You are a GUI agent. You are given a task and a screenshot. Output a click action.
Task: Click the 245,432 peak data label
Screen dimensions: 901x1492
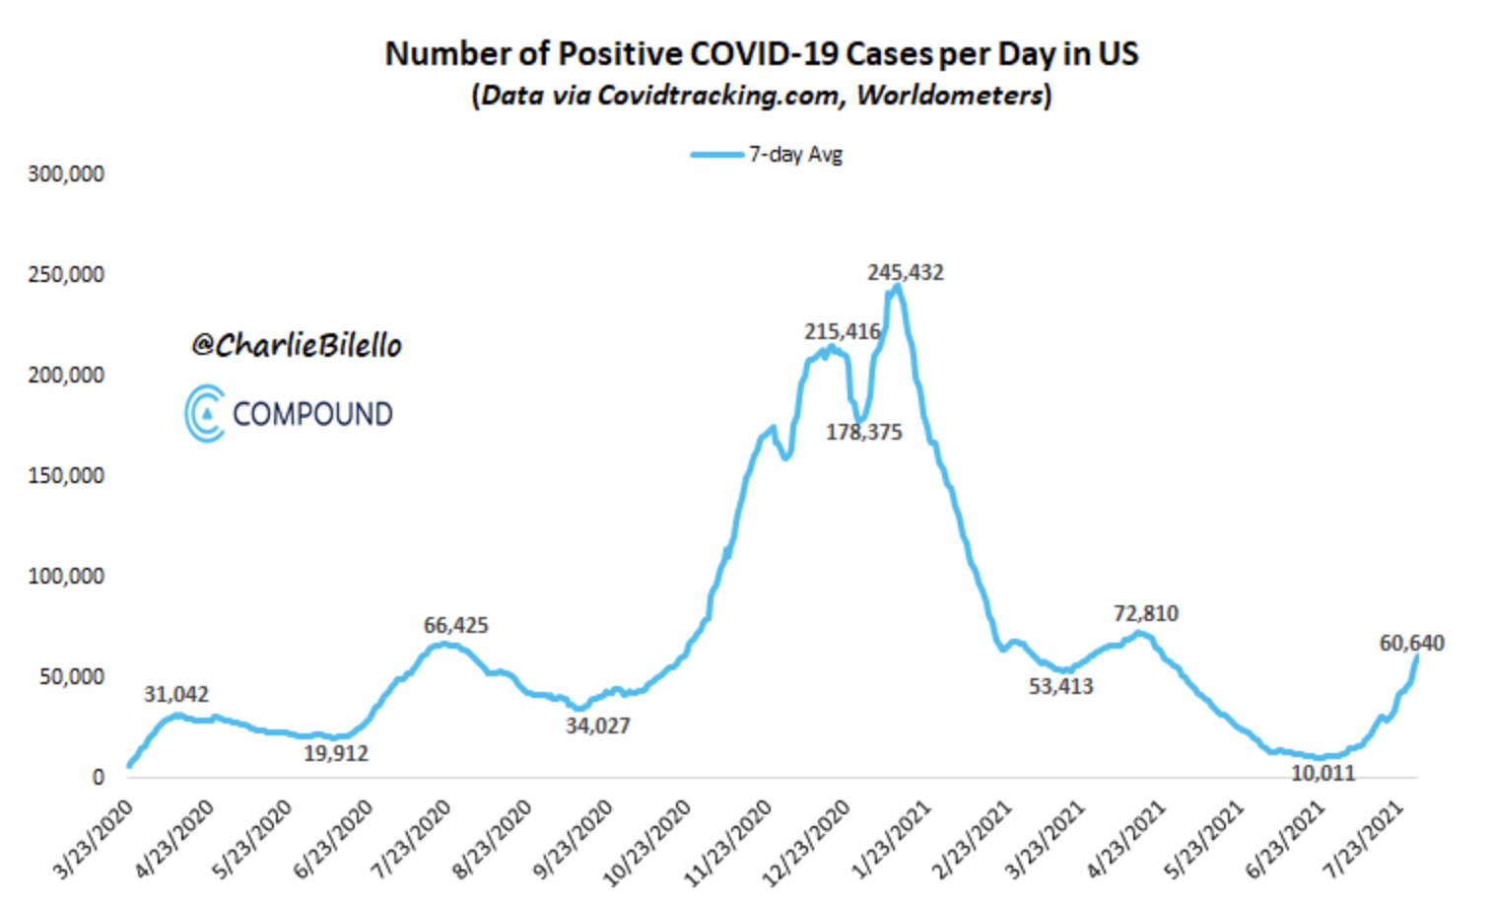905,272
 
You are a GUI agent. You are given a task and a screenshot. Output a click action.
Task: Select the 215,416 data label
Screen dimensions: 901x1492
842,332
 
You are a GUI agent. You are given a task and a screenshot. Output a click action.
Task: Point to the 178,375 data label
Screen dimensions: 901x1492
863,432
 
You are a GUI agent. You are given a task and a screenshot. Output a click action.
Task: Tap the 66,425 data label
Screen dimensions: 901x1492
455,625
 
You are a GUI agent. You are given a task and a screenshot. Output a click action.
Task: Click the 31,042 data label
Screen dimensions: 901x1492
176,694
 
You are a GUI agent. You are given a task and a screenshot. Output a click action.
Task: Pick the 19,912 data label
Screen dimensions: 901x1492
336,753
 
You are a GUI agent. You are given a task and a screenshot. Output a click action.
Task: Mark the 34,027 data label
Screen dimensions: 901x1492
597,726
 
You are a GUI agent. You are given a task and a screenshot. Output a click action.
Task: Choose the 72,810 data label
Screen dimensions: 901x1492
1145,613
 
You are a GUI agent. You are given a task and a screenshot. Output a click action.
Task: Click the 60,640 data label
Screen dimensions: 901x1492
1411,643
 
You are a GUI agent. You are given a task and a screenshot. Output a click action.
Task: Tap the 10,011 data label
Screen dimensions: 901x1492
1322,773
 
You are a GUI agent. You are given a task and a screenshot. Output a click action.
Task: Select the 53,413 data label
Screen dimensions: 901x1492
1060,686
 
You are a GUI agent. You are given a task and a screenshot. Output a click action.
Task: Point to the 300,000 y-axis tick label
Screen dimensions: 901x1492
66,174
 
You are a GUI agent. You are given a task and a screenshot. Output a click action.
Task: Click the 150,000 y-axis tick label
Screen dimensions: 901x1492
66,476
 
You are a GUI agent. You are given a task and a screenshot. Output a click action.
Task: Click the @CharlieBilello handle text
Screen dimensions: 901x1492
297,345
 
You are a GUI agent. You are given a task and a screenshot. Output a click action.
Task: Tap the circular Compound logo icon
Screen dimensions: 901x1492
205,413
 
